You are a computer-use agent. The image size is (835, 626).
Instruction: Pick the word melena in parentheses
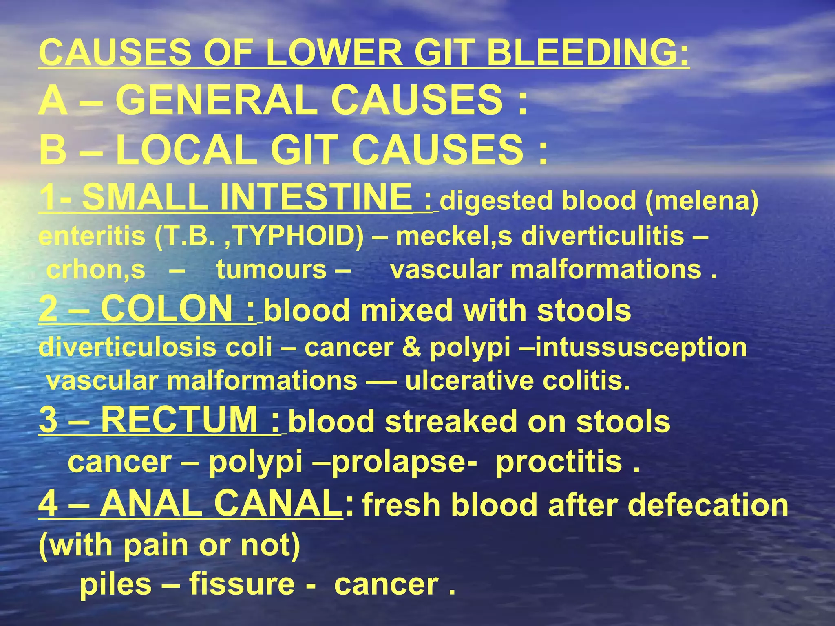(x=701, y=201)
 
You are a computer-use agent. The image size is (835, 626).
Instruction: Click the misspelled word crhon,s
(x=96, y=270)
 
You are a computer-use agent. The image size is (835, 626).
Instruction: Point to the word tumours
(x=272, y=270)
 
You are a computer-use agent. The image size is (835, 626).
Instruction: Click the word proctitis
(x=559, y=462)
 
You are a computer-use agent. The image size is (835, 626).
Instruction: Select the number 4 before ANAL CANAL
(x=48, y=504)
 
